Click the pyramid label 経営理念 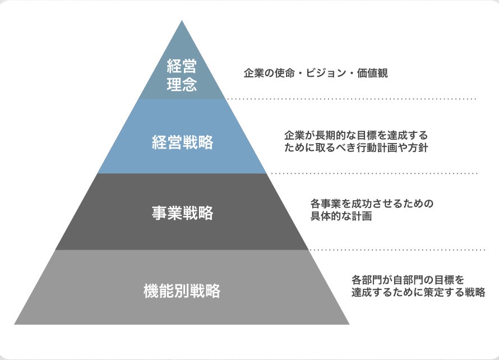point(182,77)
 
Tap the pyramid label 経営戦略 point(182,142)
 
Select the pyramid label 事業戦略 point(182,213)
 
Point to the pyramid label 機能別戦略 point(182,291)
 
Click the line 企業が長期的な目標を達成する point(355,136)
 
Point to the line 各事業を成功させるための point(372,203)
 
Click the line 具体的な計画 point(341,216)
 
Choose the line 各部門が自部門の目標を point(408,279)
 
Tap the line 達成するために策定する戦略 point(418,292)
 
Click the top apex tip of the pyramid point(182,22)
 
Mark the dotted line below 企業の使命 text point(350,99)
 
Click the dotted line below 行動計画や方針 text point(373,173)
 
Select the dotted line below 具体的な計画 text point(397,250)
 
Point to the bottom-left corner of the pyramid point(15,324)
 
